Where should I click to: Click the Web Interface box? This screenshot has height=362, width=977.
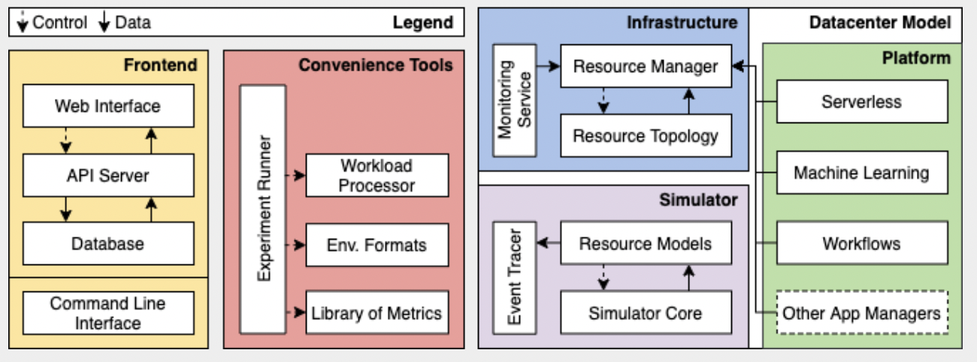click(x=108, y=106)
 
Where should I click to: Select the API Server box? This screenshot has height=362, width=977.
click(x=108, y=176)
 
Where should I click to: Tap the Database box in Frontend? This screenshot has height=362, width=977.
click(x=108, y=243)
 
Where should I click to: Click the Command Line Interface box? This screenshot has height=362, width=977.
click(x=108, y=313)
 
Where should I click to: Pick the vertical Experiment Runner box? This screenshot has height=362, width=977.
click(x=262, y=209)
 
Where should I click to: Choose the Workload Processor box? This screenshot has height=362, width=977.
click(x=377, y=175)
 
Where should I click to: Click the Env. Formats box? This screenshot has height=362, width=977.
click(x=377, y=245)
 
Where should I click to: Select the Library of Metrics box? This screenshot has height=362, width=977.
click(x=377, y=313)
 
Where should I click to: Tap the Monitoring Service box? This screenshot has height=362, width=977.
click(x=515, y=100)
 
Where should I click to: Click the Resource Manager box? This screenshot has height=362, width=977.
click(x=646, y=67)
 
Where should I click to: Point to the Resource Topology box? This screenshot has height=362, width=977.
click(x=646, y=136)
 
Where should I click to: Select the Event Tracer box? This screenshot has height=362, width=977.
click(x=515, y=277)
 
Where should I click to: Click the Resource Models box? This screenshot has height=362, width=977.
click(x=646, y=243)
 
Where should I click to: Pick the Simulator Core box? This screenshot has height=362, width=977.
click(x=646, y=312)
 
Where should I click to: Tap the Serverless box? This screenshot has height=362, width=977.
click(x=861, y=101)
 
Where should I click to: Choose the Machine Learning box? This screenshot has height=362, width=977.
click(x=861, y=173)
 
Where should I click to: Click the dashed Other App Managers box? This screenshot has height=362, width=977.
click(x=861, y=313)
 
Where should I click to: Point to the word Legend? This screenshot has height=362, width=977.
click(x=423, y=23)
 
